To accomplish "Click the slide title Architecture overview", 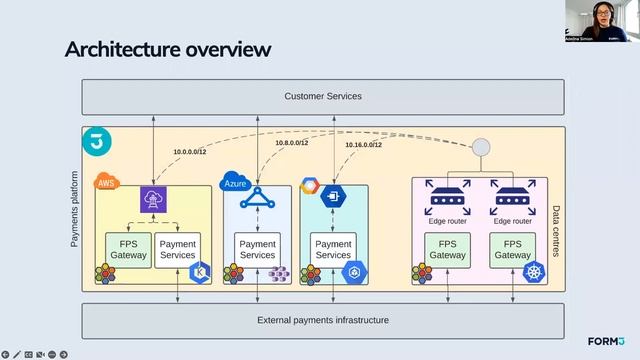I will (x=167, y=49).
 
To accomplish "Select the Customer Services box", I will (x=322, y=96).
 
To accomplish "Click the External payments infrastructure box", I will (x=322, y=320).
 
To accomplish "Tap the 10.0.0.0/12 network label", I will (x=191, y=152).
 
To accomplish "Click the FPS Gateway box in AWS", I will (x=128, y=249).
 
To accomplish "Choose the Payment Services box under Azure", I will (x=257, y=249).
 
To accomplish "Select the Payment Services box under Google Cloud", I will (x=333, y=249).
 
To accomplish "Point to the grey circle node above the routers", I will (x=481, y=147).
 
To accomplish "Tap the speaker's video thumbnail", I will (x=601, y=21).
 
